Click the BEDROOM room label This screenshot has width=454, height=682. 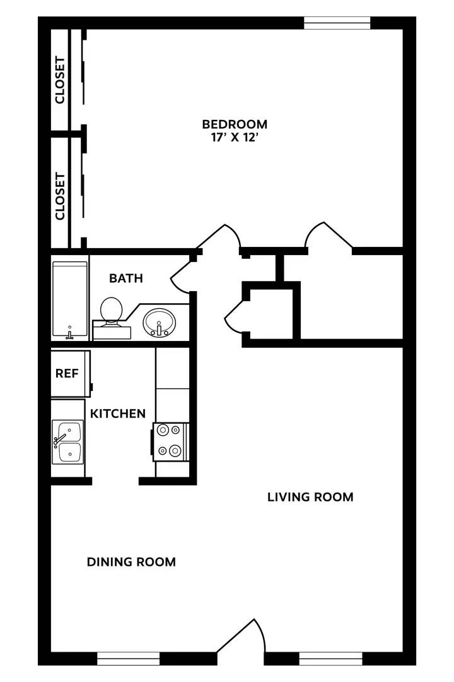[x=235, y=124]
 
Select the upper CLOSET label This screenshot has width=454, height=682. [x=60, y=80]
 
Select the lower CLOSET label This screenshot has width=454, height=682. [x=60, y=196]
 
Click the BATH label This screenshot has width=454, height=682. [x=126, y=278]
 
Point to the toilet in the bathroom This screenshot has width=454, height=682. [x=112, y=311]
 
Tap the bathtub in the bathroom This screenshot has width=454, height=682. [x=69, y=301]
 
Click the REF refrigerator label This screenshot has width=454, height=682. [x=67, y=373]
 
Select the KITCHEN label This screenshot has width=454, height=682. [x=118, y=414]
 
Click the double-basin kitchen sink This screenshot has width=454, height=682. [x=67, y=442]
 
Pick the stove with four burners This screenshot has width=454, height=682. [x=170, y=441]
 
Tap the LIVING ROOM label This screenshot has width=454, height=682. [x=310, y=497]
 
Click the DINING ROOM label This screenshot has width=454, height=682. [x=131, y=562]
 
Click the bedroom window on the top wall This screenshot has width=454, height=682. [x=337, y=23]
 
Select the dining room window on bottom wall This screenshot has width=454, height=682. [x=129, y=659]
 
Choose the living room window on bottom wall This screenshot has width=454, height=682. [x=330, y=659]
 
